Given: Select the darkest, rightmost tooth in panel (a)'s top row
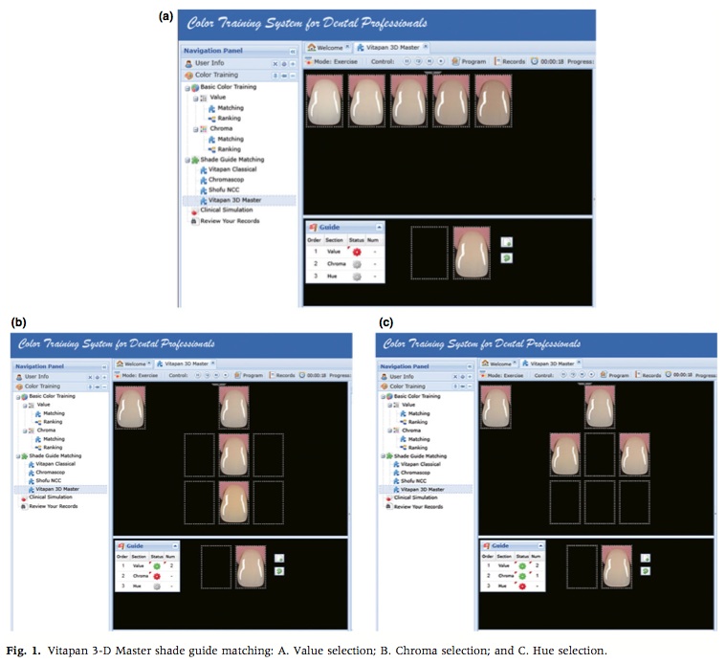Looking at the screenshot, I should coord(494,100).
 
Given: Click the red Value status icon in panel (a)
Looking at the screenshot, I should coord(357,251).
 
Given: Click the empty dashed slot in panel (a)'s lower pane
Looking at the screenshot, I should coord(429,254).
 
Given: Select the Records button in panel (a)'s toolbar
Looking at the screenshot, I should coord(512,61).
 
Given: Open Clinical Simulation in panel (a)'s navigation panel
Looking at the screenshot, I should coord(228,210).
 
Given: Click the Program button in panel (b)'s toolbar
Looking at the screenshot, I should coord(251,376).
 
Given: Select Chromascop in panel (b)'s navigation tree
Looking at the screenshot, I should coord(57,472).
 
